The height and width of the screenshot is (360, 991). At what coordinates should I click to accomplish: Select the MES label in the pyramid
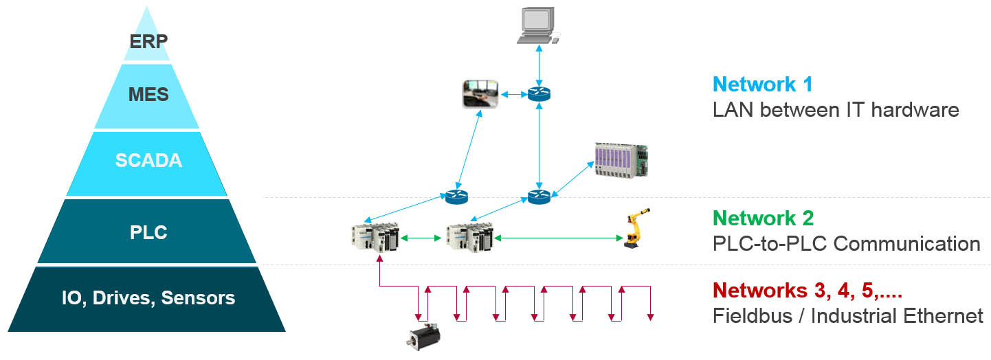(x=148, y=94)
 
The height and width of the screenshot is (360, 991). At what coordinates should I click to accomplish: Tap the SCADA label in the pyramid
(x=148, y=161)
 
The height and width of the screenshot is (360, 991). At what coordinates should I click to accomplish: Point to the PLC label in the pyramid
(x=148, y=232)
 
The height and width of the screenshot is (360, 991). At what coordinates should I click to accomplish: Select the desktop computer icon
(x=538, y=26)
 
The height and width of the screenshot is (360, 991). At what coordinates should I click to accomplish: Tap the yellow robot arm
(x=634, y=227)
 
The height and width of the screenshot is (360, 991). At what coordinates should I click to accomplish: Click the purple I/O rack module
(x=621, y=159)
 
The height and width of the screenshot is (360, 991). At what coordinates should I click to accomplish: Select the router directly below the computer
(x=539, y=94)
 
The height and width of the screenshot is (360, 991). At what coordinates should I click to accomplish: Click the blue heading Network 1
(x=763, y=85)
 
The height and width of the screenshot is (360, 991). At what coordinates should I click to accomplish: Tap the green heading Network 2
(x=764, y=218)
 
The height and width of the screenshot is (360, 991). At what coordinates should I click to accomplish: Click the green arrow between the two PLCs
(x=421, y=238)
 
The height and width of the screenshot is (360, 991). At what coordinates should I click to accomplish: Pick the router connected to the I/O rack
(x=539, y=196)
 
